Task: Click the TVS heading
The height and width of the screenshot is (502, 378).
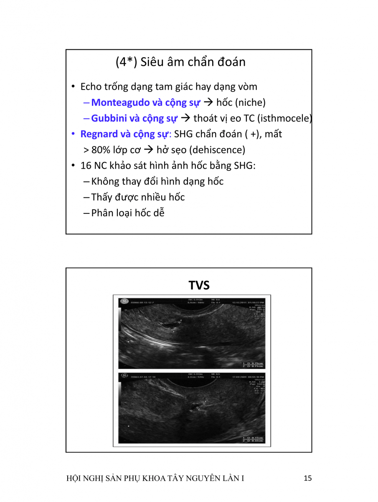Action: [x=199, y=285]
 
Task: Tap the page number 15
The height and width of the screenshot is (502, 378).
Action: [x=308, y=479]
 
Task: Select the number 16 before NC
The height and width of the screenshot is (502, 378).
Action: [x=86, y=166]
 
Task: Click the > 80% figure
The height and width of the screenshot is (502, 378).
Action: [x=93, y=150]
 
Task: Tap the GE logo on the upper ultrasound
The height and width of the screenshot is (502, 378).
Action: [x=124, y=301]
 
